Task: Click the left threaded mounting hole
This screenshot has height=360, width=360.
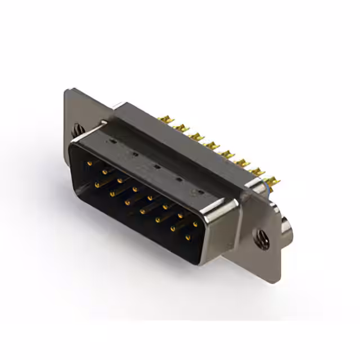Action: tap(76, 130)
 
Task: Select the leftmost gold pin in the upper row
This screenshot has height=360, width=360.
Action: tap(89, 164)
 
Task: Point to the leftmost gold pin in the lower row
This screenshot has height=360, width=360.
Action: tap(97, 184)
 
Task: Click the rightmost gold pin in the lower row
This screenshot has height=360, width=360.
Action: tap(188, 238)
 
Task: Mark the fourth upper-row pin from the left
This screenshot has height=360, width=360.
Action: tap(135, 190)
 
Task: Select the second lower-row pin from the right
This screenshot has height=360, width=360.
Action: tap(173, 229)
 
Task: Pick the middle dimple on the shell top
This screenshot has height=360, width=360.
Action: tap(156, 166)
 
